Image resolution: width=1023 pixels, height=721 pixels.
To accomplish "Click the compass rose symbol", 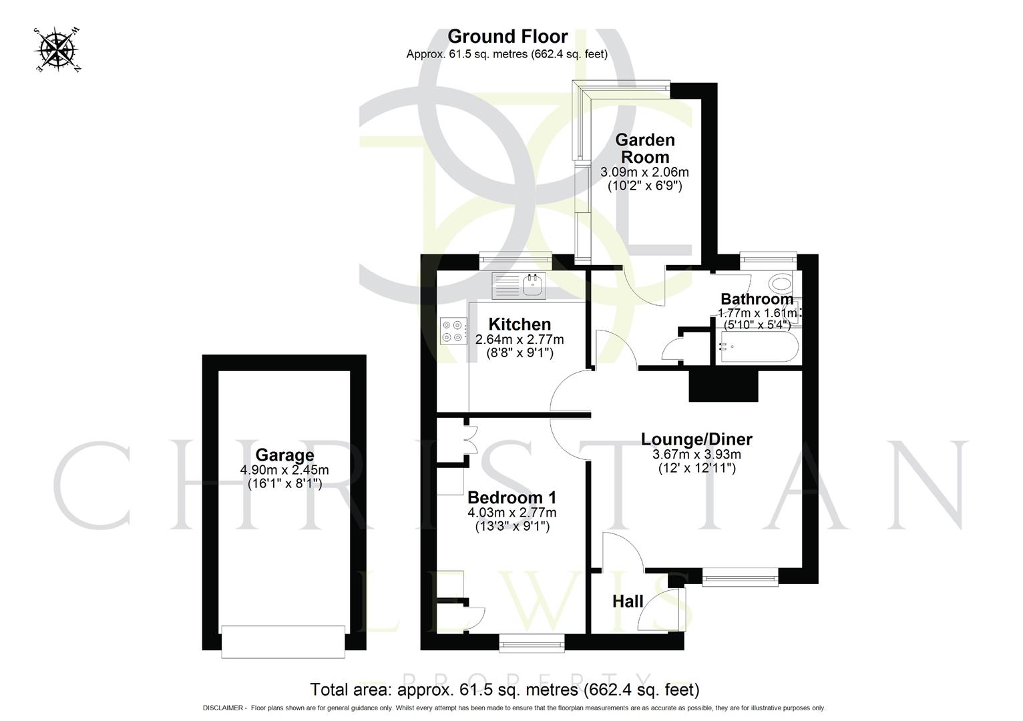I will click(x=57, y=49).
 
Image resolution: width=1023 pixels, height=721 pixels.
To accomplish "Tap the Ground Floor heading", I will click(x=507, y=36).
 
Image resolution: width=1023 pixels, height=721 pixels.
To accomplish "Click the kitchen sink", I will click(x=532, y=286).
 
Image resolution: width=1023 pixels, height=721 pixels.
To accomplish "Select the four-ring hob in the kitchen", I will click(x=452, y=331).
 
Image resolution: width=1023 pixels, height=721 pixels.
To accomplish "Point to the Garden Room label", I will click(x=644, y=148).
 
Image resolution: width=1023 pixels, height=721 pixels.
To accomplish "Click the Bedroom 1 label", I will click(x=511, y=497).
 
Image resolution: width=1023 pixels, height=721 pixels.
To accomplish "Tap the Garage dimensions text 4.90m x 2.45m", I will click(x=284, y=470).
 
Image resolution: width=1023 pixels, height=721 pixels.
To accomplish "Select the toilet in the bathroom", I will click(x=779, y=284).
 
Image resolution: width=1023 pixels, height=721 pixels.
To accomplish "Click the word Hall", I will click(x=628, y=602).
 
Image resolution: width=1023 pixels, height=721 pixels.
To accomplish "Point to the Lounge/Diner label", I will click(x=696, y=439).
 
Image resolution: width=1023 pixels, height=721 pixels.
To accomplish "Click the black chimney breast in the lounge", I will click(x=723, y=386).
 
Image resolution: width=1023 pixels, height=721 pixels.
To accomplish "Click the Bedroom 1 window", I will click(x=532, y=642).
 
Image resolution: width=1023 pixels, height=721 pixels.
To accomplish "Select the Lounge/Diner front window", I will click(x=740, y=576).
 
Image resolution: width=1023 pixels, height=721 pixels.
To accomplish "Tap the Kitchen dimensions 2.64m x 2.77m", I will click(x=519, y=339).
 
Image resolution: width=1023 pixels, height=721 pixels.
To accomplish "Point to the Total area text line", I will click(x=504, y=689).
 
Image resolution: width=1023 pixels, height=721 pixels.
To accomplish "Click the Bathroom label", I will click(x=757, y=299).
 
